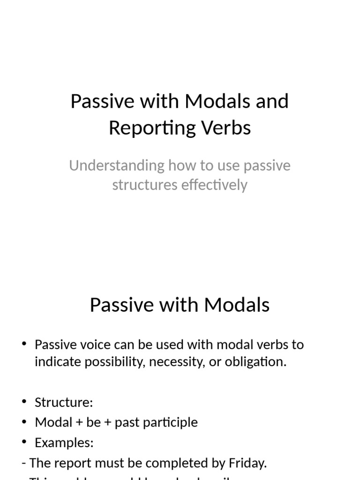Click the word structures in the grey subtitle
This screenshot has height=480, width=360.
pyautogui.click(x=144, y=185)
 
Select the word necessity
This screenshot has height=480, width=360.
pyautogui.click(x=184, y=362)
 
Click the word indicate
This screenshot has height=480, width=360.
pyautogui.click(x=58, y=362)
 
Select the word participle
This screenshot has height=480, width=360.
pyautogui.click(x=173, y=422)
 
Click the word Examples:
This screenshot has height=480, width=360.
pyautogui.click(x=64, y=442)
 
